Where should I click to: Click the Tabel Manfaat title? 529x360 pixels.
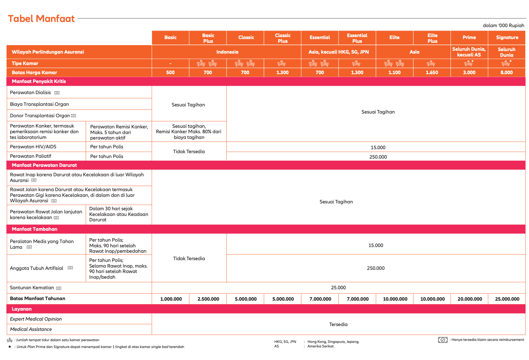[41, 19]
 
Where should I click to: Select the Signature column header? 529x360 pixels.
[507, 37]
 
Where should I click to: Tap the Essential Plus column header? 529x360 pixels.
[357, 38]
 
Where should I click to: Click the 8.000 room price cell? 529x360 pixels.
[506, 72]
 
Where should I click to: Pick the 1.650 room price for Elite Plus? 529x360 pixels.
[432, 72]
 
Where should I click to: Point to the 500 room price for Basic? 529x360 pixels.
[170, 72]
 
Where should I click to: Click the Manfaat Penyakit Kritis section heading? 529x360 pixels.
[39, 81]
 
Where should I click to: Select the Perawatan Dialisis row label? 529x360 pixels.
[30, 92]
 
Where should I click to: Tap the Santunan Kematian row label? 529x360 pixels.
[32, 288]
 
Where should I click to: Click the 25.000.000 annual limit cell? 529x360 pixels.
[507, 299]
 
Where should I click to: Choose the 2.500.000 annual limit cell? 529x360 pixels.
[208, 299]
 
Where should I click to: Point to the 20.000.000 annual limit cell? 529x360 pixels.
[470, 299]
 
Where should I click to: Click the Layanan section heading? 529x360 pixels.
[22, 309]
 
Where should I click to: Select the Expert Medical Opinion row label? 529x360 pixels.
[36, 319]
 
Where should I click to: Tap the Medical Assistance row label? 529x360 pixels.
[31, 329]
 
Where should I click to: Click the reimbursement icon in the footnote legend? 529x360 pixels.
[443, 340]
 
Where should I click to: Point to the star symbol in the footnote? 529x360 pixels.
[10, 347]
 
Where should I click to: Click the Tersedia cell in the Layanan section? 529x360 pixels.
[338, 324]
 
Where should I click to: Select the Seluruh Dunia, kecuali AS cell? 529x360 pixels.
[469, 52]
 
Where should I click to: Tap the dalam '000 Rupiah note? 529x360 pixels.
[503, 25]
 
